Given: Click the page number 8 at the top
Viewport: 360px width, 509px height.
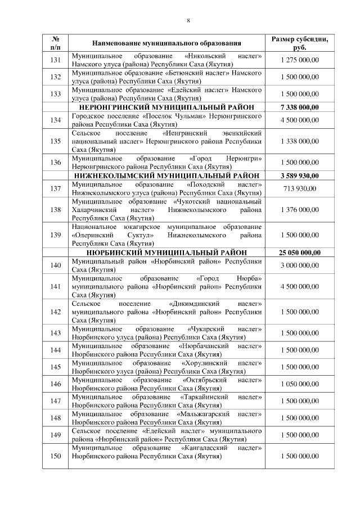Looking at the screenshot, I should pos(188,21).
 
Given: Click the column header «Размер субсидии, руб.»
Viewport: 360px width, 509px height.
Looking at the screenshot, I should pos(299,43).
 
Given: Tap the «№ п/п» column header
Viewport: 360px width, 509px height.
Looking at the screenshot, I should pos(56,43).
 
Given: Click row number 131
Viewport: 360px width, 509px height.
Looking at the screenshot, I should pos(56,61).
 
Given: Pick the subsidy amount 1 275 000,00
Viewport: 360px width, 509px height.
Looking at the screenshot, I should pos(299,61).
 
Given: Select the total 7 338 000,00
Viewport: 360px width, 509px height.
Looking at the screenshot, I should pos(299,106).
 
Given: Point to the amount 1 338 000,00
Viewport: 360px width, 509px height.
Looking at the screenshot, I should pos(299,141).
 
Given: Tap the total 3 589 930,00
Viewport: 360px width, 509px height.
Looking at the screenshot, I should pos(299,175).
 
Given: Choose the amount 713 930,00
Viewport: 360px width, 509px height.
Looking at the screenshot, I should pos(299,188).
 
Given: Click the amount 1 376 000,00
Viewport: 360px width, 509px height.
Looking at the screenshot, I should pos(299,209).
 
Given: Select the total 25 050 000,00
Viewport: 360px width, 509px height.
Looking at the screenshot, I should pos(299,253).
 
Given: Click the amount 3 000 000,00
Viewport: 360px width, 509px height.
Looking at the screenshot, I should pos(299,265).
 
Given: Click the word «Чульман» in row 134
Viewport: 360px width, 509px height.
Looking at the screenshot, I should pos(183,115).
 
